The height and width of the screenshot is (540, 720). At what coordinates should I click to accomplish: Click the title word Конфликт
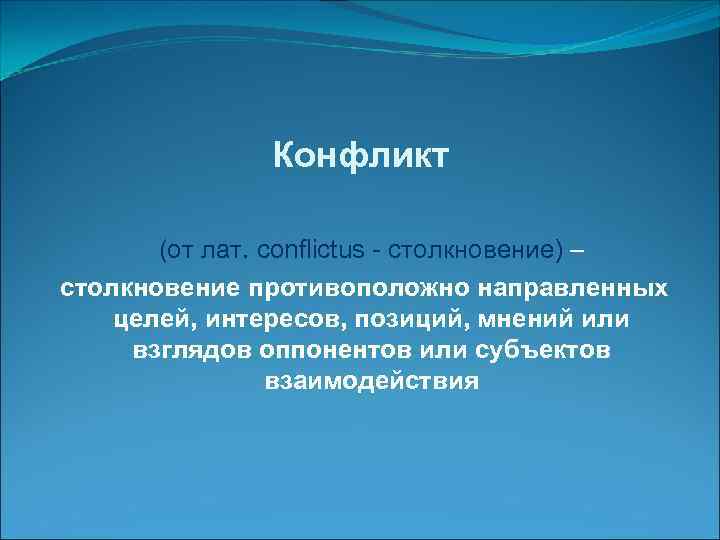(363, 156)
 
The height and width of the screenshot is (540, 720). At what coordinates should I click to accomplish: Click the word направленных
(574, 288)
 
